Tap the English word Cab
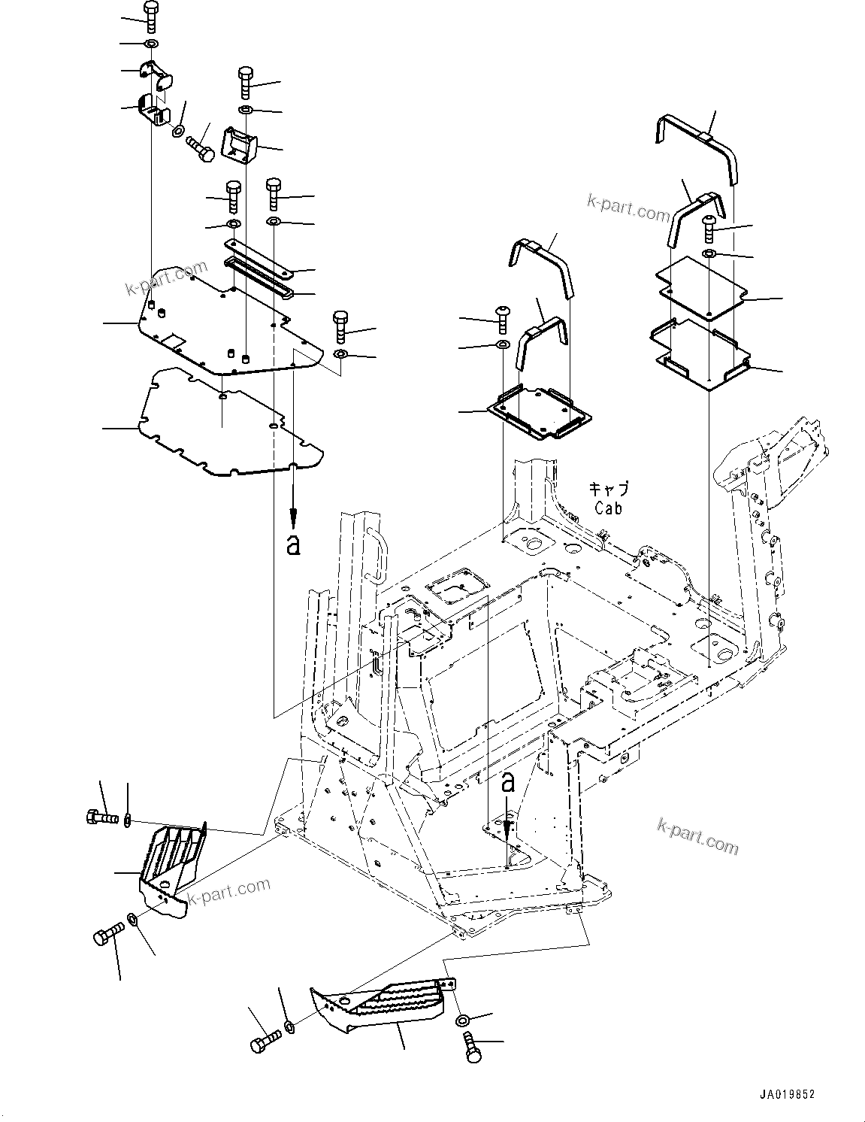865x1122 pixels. pos(608,508)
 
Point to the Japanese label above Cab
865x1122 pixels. pos(608,489)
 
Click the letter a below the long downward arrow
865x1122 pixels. pos(293,544)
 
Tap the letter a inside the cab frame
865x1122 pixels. pos(508,783)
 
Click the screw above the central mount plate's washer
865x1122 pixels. pos(502,320)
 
